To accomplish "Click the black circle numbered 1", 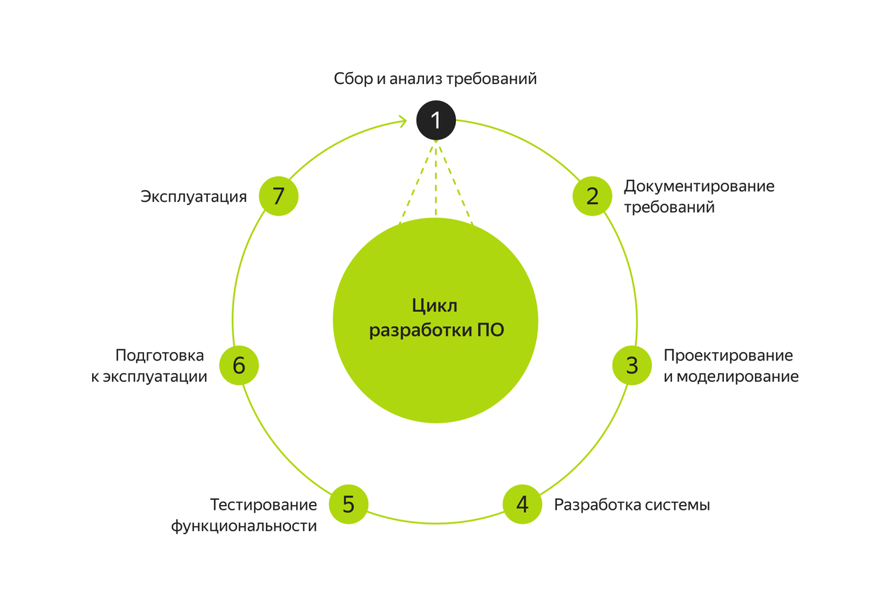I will point(435,120).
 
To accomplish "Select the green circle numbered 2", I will point(592,196).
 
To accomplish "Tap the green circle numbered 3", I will point(631,366).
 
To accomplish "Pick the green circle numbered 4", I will point(522,504).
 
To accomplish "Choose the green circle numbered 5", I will point(348,504).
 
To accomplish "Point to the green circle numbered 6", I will point(239,366).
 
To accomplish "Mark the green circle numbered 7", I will point(278,196).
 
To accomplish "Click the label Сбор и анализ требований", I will point(435,79).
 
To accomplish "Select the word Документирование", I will point(699,186).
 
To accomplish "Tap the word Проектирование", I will point(728,355).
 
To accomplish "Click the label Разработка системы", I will point(632,505).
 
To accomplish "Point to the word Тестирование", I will point(264,505).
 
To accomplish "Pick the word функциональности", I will point(244,527).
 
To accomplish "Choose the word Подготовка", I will point(160,355).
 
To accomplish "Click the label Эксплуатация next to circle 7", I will point(194,197).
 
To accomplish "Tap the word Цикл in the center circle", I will point(435,306).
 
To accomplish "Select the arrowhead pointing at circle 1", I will point(403,120).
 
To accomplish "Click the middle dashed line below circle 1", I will point(435,178).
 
